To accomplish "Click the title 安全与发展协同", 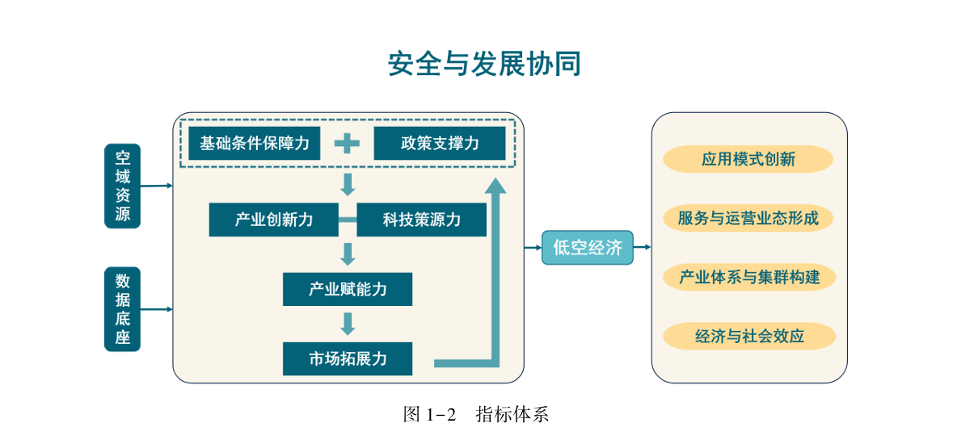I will [x=484, y=64].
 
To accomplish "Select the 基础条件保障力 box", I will [x=254, y=144].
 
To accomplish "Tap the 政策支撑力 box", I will [x=439, y=144].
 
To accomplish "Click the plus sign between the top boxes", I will [x=347, y=144].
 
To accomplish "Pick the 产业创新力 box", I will [x=273, y=220].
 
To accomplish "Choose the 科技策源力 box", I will [x=421, y=220].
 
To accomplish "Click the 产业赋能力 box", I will [x=348, y=289].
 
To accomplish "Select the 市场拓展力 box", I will [x=348, y=358].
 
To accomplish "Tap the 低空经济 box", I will [x=587, y=248].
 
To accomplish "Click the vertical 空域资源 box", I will [x=122, y=186].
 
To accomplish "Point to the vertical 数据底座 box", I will [x=122, y=309].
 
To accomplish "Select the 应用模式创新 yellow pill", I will [x=748, y=159].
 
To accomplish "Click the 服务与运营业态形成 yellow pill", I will [x=748, y=218].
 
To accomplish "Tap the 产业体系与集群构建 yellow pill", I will [x=748, y=277].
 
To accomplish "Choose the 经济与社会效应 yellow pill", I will [x=748, y=336].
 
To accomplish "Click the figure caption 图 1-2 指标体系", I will [x=476, y=415].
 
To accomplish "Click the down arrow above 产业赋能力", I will [x=348, y=254].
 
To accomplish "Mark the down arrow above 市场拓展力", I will [x=348, y=324].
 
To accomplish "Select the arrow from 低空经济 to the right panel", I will [x=642, y=248].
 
